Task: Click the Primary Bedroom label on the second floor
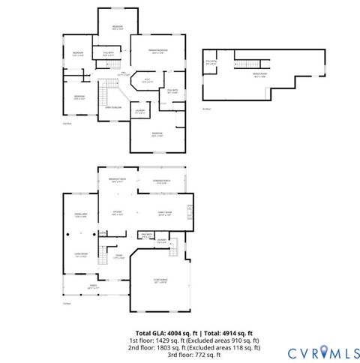(157, 52)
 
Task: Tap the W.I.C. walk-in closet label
(148, 80)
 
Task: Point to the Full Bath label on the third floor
(211, 62)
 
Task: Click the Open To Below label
(114, 107)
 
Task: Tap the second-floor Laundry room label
(140, 111)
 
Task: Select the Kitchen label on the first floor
(117, 213)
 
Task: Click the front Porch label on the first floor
(94, 286)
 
